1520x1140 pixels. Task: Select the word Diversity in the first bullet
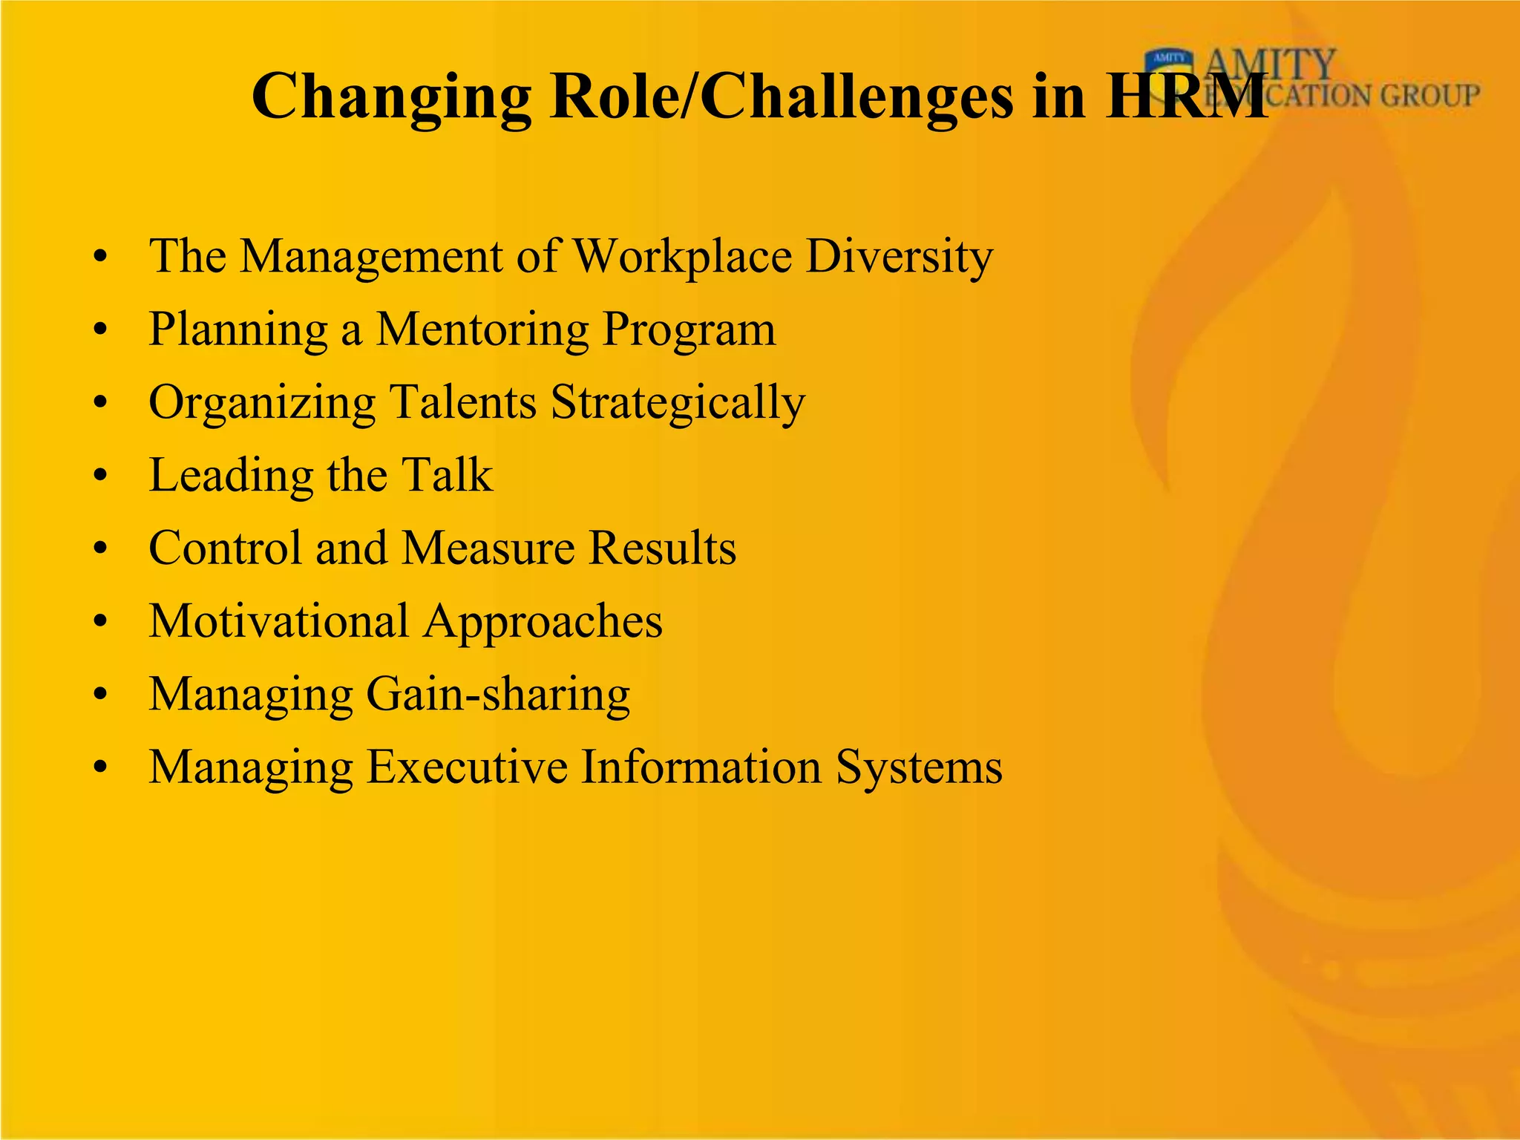899,257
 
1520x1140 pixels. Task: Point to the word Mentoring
482,329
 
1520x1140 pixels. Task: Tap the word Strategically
678,403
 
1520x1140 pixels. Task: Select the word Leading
231,476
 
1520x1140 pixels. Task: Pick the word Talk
447,474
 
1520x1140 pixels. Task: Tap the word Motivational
278,620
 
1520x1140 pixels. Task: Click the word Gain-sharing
498,695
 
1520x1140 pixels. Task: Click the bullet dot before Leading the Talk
101,476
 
